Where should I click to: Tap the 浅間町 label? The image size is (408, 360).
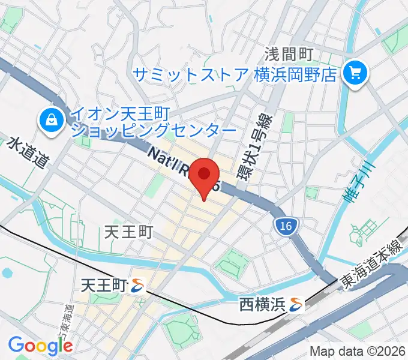coord(289,55)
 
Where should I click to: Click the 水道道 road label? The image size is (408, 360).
coord(28,154)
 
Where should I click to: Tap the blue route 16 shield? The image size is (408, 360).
coord(286,226)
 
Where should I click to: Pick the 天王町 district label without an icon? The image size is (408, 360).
coord(129,232)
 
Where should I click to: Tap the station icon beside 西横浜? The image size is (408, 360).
coord(296,305)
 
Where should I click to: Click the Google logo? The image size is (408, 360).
coord(41,345)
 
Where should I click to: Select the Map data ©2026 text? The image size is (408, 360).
coord(356,351)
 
